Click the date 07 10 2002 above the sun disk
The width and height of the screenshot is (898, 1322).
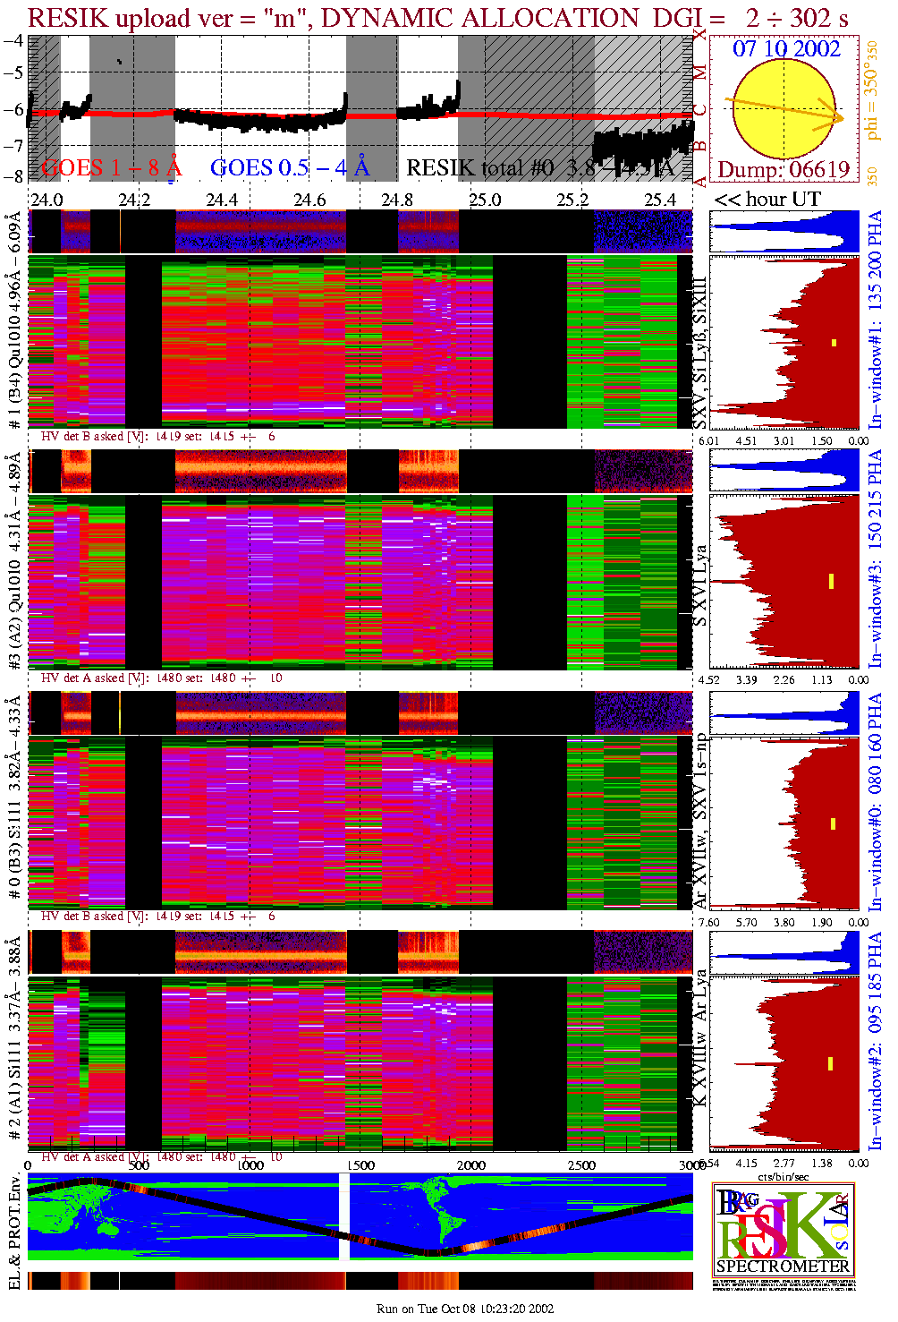point(786,48)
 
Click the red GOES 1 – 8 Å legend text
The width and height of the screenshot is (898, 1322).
point(111,166)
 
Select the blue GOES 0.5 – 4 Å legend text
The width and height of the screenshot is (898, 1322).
point(290,166)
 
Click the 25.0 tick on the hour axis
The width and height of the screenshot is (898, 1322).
point(485,199)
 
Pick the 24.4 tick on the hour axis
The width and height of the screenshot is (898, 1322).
point(222,199)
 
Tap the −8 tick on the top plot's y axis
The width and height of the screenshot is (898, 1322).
point(13,175)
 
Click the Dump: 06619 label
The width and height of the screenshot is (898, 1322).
point(784,169)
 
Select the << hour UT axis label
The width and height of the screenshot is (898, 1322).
point(767,199)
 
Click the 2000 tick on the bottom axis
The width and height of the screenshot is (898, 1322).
point(471,1164)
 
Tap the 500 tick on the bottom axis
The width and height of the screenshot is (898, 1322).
point(139,1164)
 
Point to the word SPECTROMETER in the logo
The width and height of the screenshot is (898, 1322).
point(783,1266)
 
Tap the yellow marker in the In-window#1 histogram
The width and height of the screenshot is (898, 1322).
point(834,342)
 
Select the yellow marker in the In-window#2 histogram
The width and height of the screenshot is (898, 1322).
point(830,1063)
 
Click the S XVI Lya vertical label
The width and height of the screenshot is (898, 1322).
point(700,585)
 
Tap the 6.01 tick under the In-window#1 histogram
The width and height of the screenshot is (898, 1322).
point(708,440)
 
